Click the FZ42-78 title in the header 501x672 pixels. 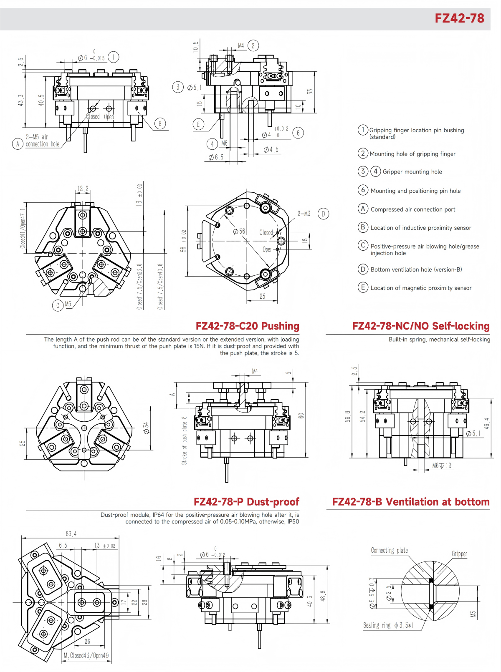pos(459,18)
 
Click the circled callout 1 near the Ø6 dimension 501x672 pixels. pos(113,57)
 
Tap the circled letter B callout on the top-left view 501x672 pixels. pos(159,123)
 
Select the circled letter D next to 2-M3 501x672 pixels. pos(323,214)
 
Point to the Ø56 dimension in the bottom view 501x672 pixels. pos(239,231)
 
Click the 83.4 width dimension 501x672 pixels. pos(71,534)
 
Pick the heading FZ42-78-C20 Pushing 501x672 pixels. pos(247,326)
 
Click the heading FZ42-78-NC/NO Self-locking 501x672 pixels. pos(420,326)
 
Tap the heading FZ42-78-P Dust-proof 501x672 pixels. pos(246,501)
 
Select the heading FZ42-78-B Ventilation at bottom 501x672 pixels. pos(410,501)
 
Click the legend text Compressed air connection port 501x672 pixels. pos(412,209)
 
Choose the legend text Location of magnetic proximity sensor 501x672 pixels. pos(421,288)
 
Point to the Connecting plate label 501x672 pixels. pos(389,550)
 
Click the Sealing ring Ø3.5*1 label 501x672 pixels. pos(388,625)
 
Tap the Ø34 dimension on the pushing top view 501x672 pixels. pos(146,428)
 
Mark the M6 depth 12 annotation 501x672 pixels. pos(441,466)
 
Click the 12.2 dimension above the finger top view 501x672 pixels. pos(83,189)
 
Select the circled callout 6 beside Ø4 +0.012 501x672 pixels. pos(298,133)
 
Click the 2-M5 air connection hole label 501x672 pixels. pos(42,140)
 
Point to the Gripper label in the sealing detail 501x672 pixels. pos(459,554)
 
